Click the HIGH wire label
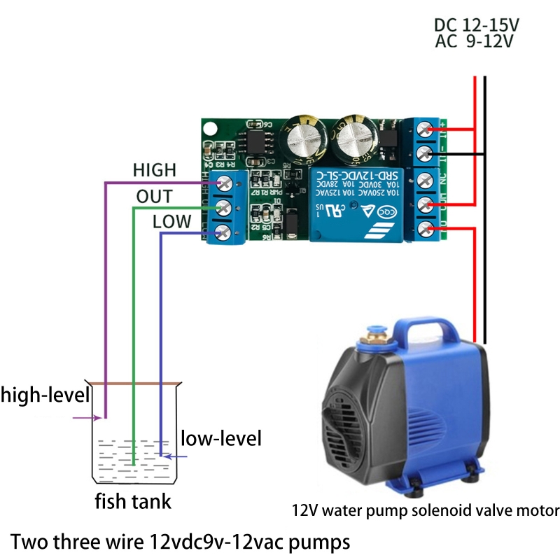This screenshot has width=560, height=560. click(154, 170)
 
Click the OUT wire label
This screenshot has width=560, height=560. click(154, 197)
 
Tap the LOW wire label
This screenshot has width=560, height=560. click(171, 222)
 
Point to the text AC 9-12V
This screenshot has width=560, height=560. click(475, 41)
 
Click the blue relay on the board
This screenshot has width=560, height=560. click(356, 203)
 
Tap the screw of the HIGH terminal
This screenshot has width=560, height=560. click(225, 183)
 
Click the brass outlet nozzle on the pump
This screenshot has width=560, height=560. click(366, 343)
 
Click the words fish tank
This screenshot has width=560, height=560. click(133, 502)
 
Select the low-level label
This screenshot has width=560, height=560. click(221, 439)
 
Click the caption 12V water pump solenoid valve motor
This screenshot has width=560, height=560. click(426, 510)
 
